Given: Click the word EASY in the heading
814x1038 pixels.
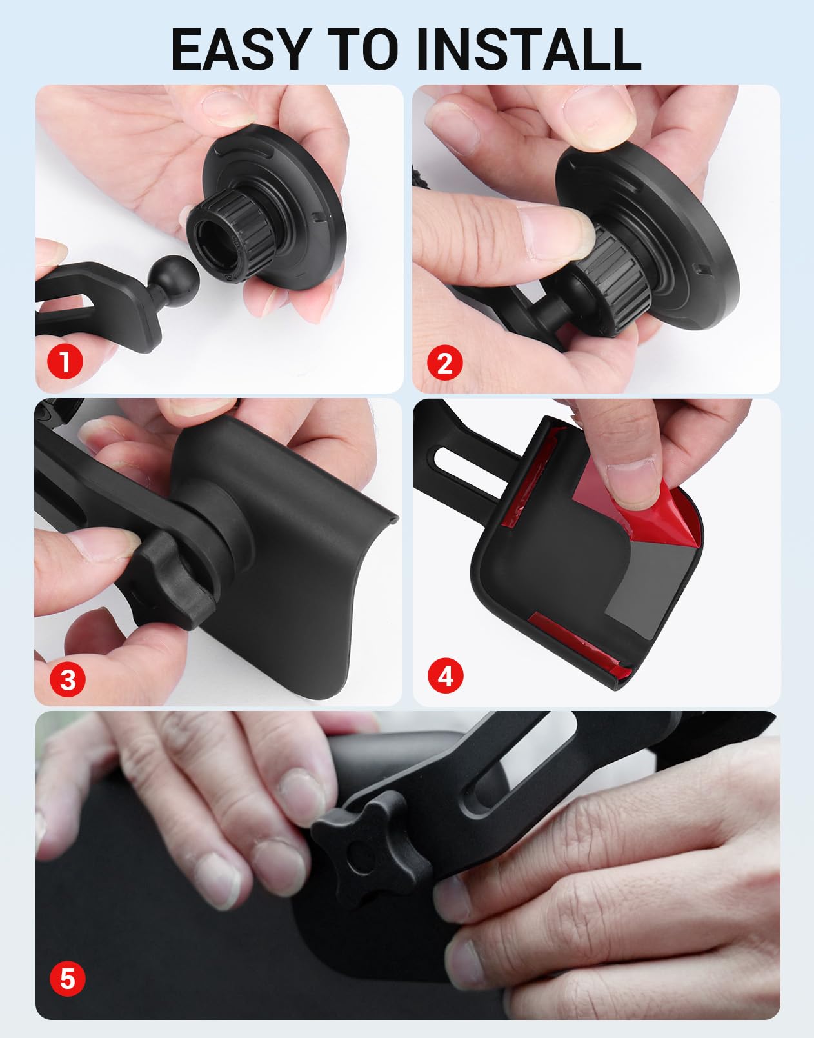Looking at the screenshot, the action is (x=238, y=50).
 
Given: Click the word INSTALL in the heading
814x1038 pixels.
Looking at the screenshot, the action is (x=528, y=50).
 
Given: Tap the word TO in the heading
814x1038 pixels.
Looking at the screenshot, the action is (x=362, y=50).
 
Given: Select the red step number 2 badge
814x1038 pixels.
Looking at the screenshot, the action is (x=444, y=363).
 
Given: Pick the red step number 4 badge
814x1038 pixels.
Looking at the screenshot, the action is (x=445, y=675).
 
